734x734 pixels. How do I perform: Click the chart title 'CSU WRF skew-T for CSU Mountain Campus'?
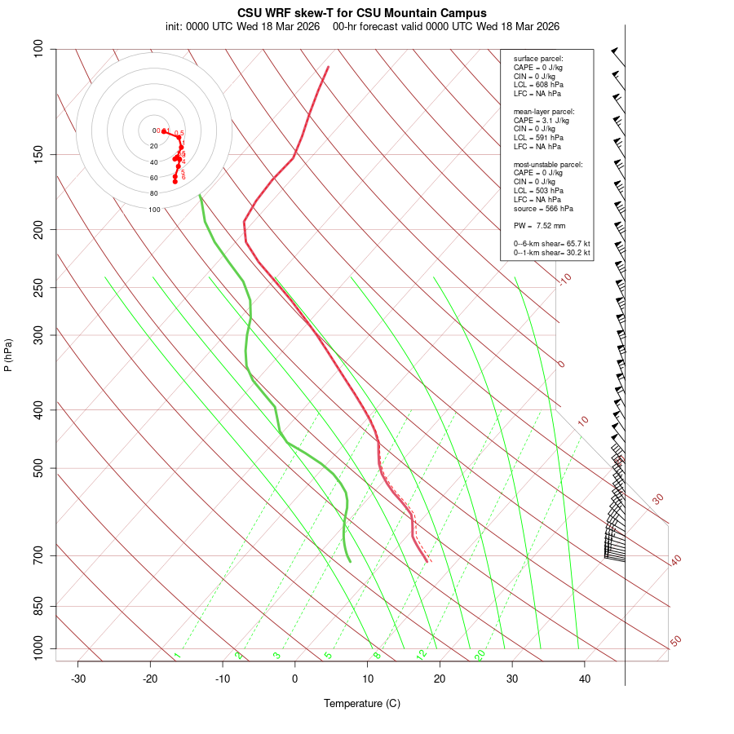coord(362,13)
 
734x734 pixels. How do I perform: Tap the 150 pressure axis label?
coord(38,154)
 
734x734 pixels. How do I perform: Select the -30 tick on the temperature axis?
coord(78,661)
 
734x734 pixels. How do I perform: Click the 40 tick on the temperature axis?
coord(584,661)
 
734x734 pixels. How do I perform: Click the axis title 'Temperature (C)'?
coord(361,703)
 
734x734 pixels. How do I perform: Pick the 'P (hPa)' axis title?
coord(8,356)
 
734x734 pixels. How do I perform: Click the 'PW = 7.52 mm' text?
coord(539,226)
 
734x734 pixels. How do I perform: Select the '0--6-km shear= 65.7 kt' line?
coord(551,244)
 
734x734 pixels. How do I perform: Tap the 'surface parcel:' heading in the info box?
coord(538,59)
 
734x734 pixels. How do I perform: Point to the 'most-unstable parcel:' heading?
coord(548,165)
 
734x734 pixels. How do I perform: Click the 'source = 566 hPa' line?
coord(543,209)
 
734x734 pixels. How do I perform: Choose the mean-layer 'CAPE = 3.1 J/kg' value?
coord(542,120)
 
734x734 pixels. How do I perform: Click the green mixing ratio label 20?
coord(480,654)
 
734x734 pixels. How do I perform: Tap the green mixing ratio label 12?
coord(422,654)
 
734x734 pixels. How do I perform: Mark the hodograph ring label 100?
coord(154,210)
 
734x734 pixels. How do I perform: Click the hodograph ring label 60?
coord(153,178)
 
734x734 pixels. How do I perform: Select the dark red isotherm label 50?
coord(675,641)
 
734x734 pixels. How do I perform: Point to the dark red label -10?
coord(564,279)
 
